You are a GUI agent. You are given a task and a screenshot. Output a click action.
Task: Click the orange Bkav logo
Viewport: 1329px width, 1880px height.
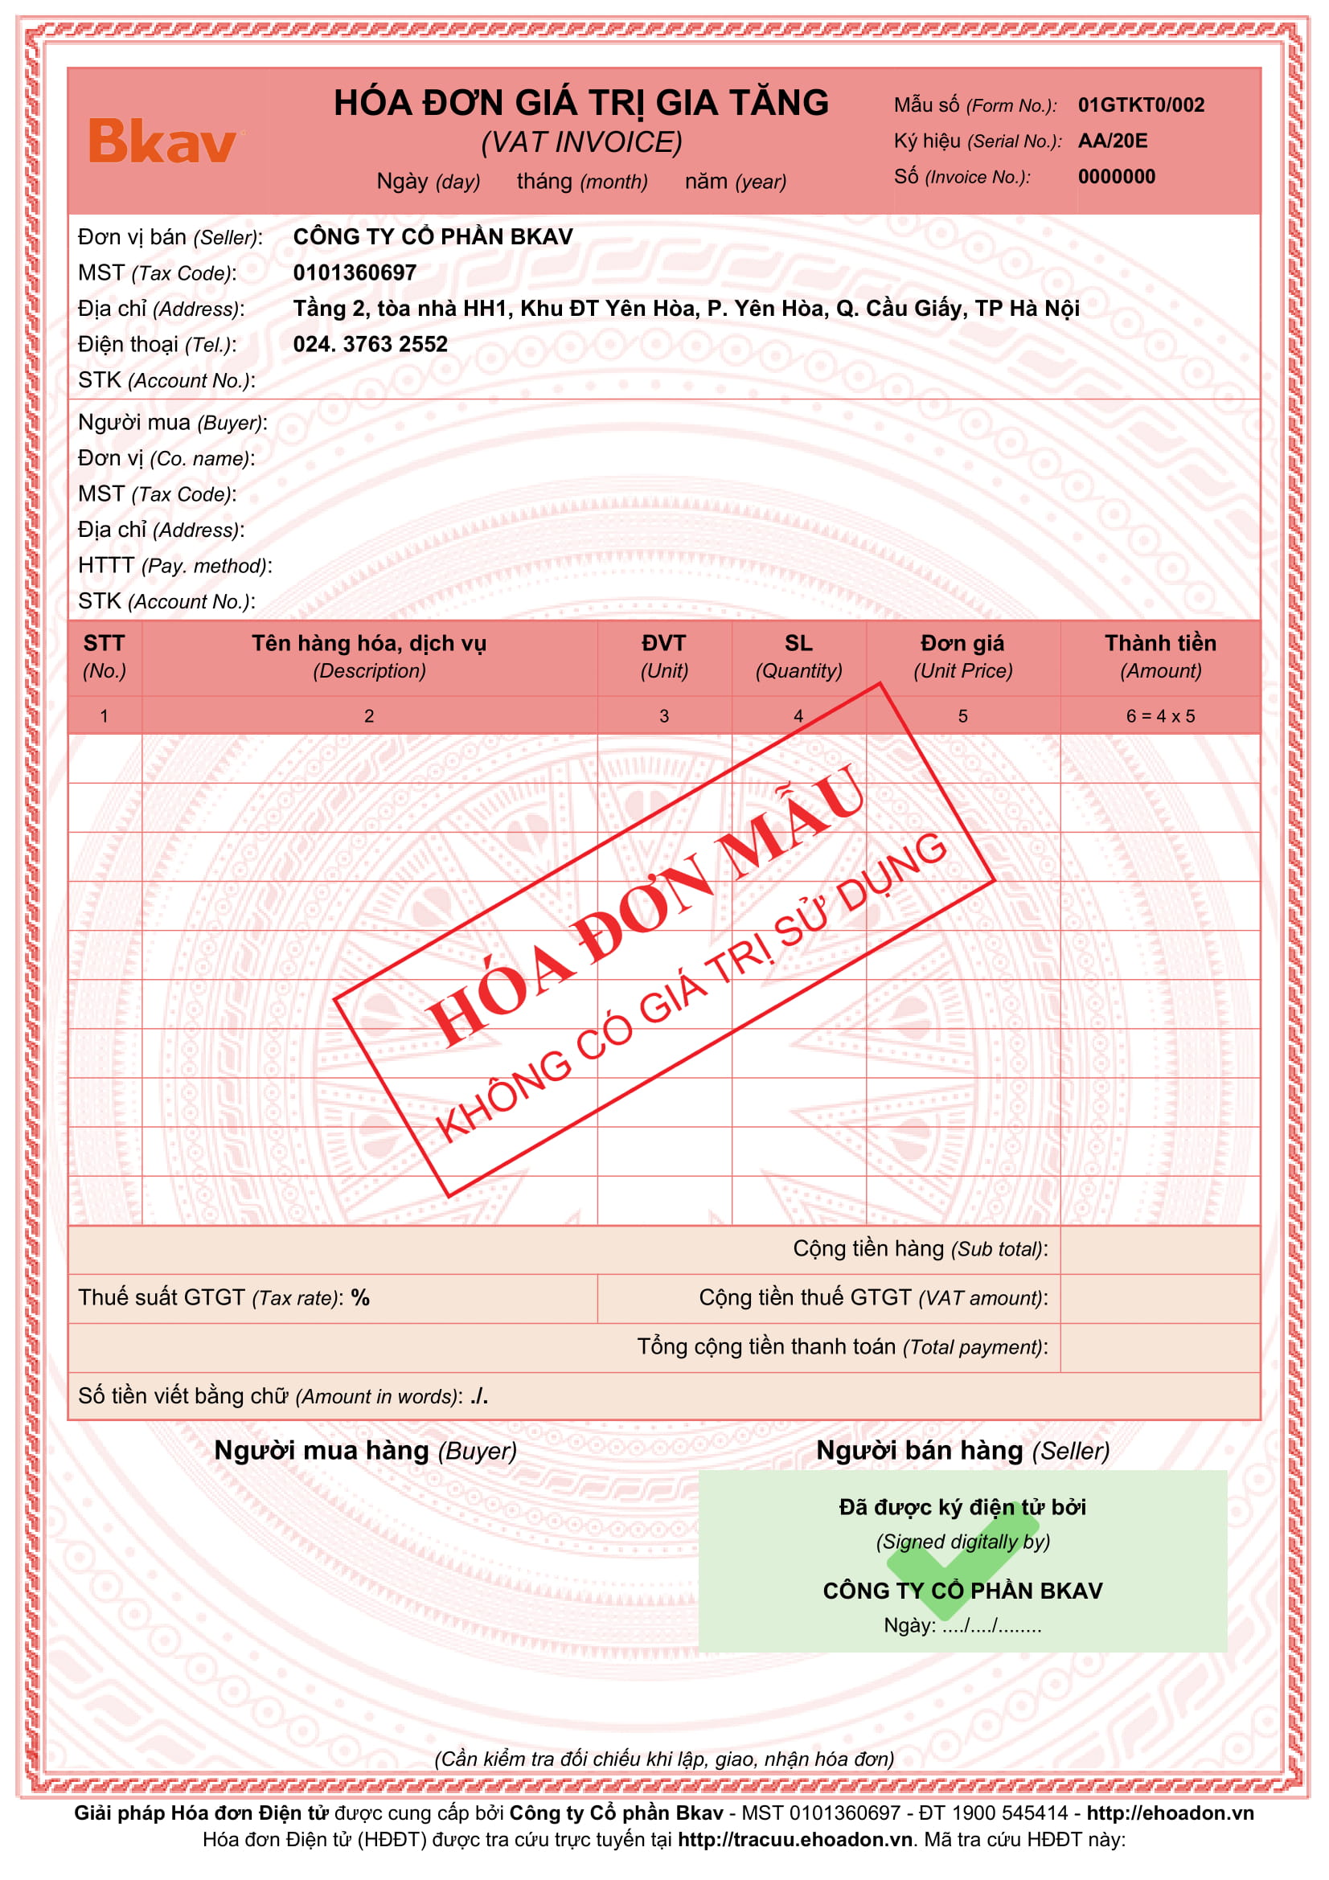point(162,141)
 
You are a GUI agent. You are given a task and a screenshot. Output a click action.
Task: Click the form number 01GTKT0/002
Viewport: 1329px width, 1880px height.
point(1141,104)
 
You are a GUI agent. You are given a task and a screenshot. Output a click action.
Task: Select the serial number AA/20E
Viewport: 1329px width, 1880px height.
point(1112,141)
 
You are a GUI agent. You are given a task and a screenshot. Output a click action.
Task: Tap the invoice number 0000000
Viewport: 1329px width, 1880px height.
point(1116,177)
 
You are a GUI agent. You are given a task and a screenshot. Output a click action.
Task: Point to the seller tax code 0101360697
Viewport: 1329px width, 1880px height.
point(355,272)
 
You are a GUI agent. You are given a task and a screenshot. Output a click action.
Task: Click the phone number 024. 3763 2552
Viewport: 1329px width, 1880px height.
point(370,344)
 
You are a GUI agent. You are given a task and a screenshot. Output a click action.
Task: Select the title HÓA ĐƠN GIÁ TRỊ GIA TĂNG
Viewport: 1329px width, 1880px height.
point(580,103)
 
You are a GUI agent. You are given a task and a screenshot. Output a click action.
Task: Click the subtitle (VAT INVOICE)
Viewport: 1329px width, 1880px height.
point(580,142)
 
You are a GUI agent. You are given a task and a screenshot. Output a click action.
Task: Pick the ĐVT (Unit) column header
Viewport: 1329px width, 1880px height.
point(663,657)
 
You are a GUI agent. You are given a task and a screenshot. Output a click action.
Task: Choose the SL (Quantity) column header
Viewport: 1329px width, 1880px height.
point(798,657)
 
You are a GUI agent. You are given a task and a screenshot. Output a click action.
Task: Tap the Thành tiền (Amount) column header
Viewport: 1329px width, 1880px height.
point(1159,657)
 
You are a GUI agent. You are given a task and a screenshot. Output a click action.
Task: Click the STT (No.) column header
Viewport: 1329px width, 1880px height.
point(104,657)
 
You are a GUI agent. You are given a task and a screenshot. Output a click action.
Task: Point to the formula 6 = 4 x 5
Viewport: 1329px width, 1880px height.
point(1159,716)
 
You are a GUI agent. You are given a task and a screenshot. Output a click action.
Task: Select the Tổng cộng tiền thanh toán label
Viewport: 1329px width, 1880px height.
point(842,1347)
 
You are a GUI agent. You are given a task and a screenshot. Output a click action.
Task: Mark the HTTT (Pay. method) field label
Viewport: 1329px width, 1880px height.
point(174,566)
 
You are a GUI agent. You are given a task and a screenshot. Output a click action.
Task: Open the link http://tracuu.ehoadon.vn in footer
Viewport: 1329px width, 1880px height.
point(794,1840)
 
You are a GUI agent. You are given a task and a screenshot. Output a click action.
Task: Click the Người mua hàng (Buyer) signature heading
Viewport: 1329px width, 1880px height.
point(365,1452)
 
